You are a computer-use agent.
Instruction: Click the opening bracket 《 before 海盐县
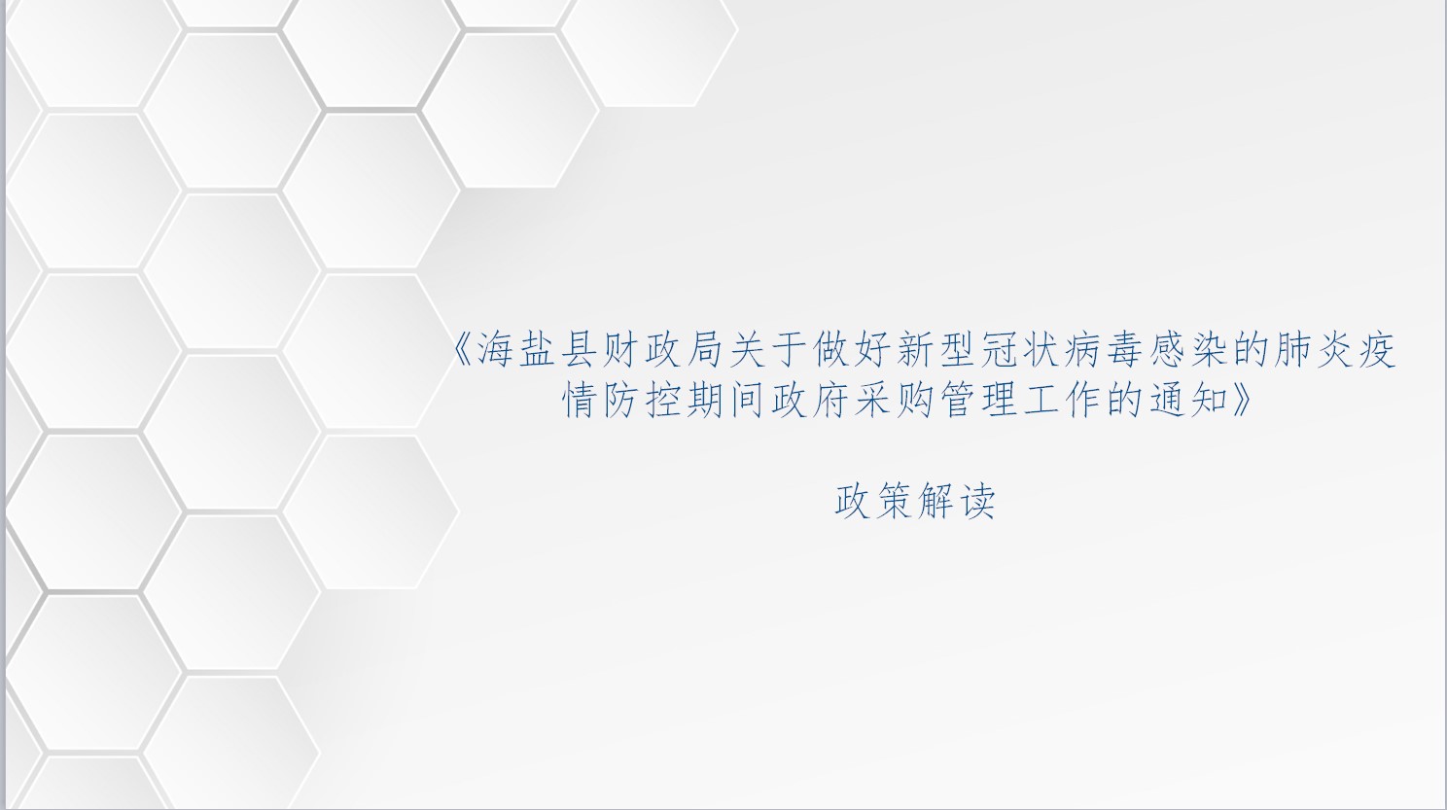[x=465, y=351]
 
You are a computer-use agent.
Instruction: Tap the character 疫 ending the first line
[x=1377, y=351]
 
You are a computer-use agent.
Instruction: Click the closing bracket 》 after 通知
[x=1241, y=400]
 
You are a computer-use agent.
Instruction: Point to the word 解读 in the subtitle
[x=956, y=501]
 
